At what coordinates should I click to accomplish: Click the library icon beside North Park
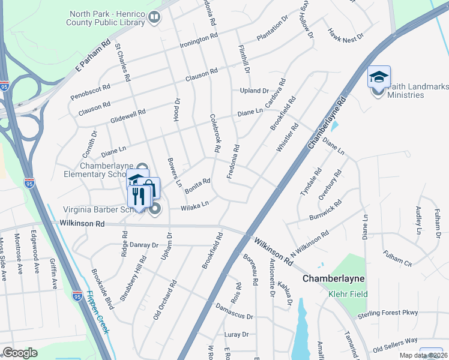click(x=155, y=18)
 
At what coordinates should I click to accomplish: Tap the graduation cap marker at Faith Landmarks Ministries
click(x=379, y=77)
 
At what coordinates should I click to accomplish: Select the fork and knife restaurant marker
click(x=139, y=196)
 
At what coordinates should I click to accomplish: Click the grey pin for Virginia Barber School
click(x=155, y=209)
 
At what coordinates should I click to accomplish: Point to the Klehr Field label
click(x=348, y=294)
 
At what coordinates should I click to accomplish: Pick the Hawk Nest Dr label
click(x=346, y=35)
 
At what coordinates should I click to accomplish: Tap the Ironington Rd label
click(x=199, y=41)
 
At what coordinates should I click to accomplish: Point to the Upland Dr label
click(x=255, y=91)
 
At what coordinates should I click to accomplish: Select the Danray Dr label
click(x=143, y=245)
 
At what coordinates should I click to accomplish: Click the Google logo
click(x=20, y=353)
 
